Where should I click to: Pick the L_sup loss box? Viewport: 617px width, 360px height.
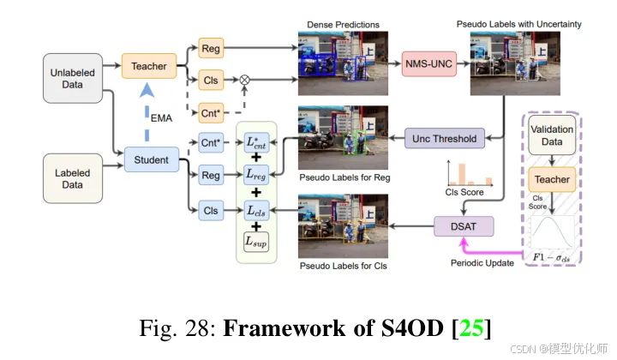(255, 242)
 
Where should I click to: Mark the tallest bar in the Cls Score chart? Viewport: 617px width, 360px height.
(460, 174)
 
